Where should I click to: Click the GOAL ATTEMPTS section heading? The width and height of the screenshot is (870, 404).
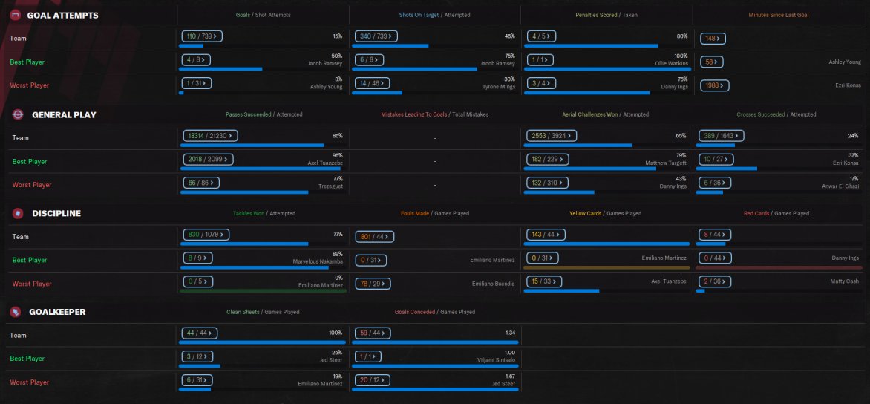point(62,15)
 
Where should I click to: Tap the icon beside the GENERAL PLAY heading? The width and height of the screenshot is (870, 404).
point(17,114)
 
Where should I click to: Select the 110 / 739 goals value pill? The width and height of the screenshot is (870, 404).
point(202,36)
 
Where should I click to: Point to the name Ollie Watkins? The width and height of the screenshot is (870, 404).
point(673,64)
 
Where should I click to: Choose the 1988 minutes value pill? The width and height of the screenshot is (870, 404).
point(714,85)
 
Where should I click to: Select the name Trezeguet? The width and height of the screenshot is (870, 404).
point(329,186)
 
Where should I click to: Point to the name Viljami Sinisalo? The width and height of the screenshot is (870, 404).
point(494,360)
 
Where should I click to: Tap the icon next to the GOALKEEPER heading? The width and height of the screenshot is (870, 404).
point(15,312)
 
